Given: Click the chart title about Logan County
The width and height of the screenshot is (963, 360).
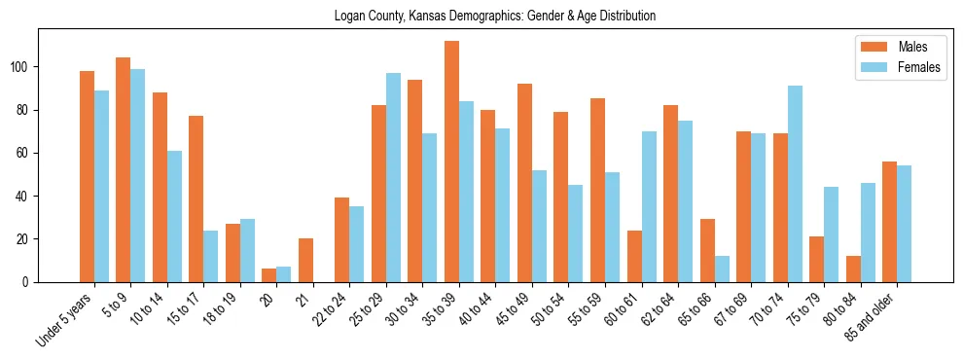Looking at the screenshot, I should click(495, 16).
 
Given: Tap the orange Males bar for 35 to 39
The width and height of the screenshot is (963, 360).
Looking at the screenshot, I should click(451, 162).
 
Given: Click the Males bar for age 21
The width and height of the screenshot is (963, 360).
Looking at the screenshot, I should click(305, 260).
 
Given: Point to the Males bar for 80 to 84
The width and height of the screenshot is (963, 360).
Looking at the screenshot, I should click(853, 269).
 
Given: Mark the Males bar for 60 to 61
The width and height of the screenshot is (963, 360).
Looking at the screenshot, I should click(634, 256).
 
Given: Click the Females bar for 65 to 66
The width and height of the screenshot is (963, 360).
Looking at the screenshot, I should click(721, 269).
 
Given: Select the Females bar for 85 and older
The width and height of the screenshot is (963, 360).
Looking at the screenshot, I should click(904, 224).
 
